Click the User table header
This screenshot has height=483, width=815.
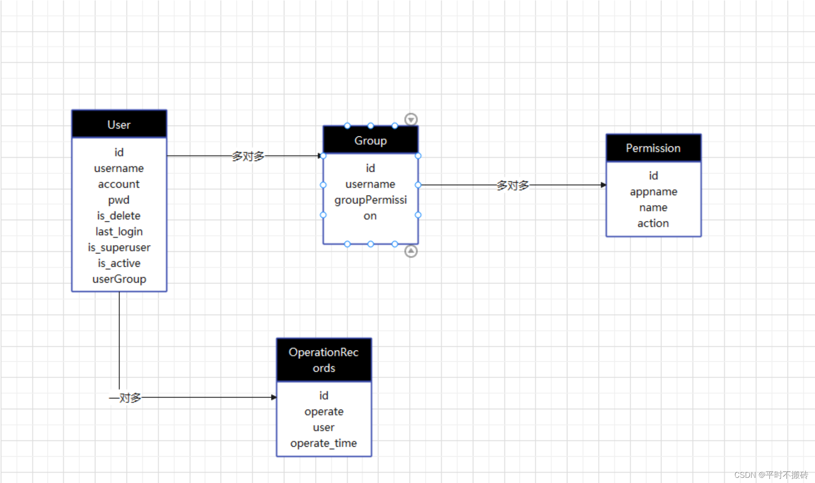click(x=119, y=125)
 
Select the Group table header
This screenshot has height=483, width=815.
click(x=370, y=141)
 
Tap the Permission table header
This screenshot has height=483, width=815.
click(x=653, y=148)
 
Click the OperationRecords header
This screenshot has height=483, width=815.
click(x=324, y=360)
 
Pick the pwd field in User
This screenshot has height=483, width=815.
click(x=119, y=200)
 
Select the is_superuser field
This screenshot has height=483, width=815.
click(x=119, y=247)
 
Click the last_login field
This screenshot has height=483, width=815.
click(x=119, y=232)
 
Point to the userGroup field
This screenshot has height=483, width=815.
click(x=119, y=279)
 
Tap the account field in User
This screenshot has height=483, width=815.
click(x=119, y=184)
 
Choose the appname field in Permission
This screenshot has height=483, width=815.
click(x=653, y=192)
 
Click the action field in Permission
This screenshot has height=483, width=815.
click(x=653, y=223)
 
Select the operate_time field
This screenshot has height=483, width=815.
click(x=324, y=443)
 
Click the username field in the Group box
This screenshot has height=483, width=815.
click(x=370, y=184)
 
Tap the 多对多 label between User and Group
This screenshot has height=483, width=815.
click(x=248, y=156)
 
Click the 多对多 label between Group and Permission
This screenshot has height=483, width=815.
click(x=512, y=185)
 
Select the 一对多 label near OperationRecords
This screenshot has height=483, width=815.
click(x=126, y=398)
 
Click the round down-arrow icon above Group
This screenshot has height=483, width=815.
click(x=411, y=119)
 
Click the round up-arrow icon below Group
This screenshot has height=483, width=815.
click(x=411, y=251)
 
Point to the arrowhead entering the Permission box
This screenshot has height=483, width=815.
click(x=603, y=185)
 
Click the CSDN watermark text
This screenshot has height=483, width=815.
click(x=771, y=475)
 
